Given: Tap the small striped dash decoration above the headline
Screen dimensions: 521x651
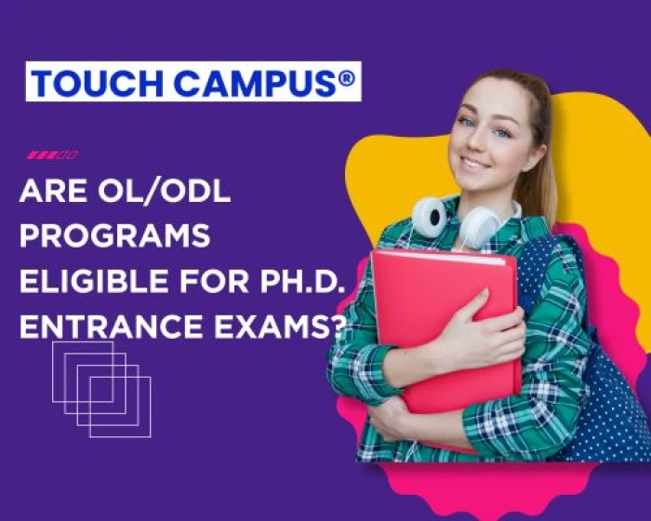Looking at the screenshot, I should [x=52, y=154].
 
